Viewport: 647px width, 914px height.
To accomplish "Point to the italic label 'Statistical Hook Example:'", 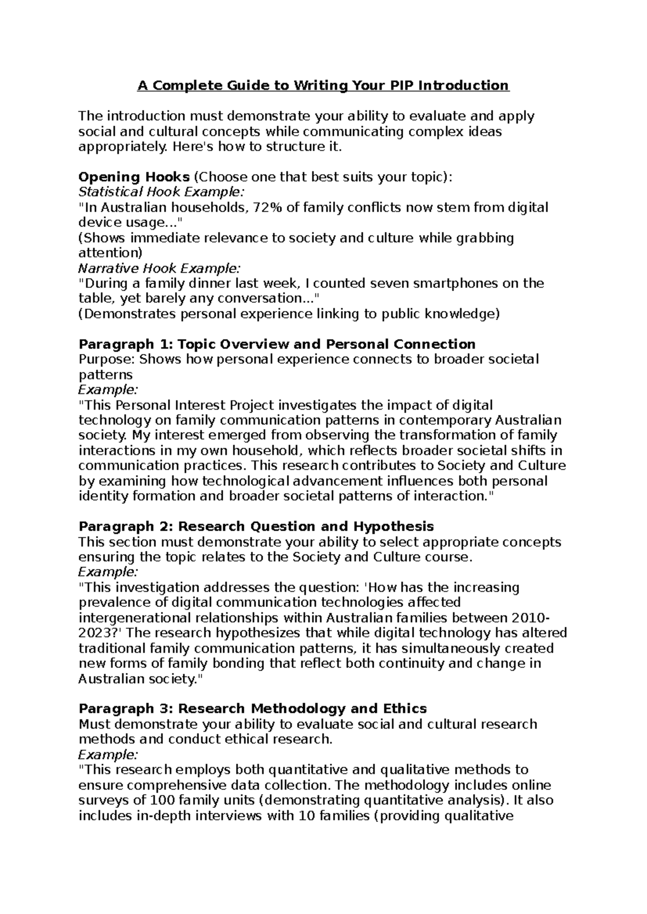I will point(161,192).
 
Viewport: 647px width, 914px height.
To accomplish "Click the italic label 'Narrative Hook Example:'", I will point(160,268).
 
